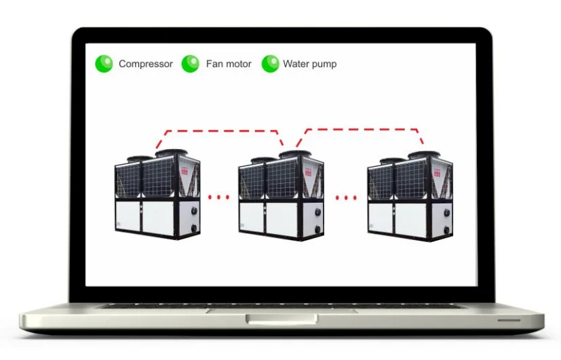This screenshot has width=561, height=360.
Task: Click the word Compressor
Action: coord(145,64)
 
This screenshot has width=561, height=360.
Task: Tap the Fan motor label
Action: coord(229,64)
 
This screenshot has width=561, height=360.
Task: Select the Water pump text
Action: coord(309,64)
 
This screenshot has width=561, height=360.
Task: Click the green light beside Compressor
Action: coord(104,64)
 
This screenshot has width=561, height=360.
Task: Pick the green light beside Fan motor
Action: coord(190,64)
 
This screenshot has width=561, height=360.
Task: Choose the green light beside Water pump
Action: coord(270,64)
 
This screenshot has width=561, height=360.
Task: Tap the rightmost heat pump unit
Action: coord(410,197)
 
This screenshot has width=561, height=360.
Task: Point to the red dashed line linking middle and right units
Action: coord(360,129)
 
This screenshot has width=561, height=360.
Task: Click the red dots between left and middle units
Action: coord(219,197)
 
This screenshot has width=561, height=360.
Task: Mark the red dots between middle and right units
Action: coord(346,198)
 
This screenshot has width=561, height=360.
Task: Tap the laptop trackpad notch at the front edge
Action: coord(282,319)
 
